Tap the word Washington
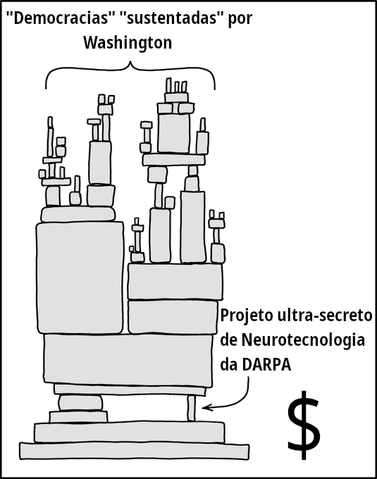(x=128, y=43)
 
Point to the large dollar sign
(x=304, y=425)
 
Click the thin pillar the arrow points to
(x=191, y=408)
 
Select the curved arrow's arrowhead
(x=205, y=408)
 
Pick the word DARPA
(x=266, y=365)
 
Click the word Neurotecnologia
(x=303, y=341)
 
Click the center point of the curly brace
(x=130, y=64)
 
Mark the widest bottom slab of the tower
(x=134, y=451)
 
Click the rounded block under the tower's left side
(x=80, y=403)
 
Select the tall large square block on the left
(x=80, y=278)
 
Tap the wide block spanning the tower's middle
(x=128, y=359)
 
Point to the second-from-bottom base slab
(x=129, y=433)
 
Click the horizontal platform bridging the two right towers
(x=173, y=160)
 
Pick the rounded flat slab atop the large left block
(x=78, y=214)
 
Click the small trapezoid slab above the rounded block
(x=78, y=417)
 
